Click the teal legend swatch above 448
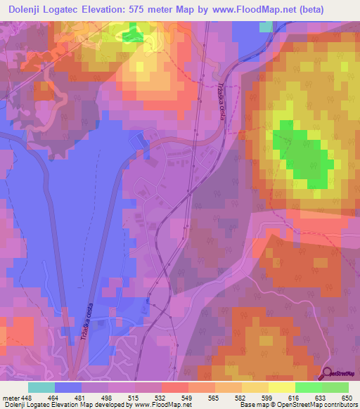pyautogui.click(x=41, y=387)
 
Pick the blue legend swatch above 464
pyautogui.click(x=68, y=387)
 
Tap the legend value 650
pyautogui.click(x=347, y=397)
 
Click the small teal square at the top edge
pyautogui.click(x=265, y=27)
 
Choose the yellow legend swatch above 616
pyautogui.click(x=282, y=387)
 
